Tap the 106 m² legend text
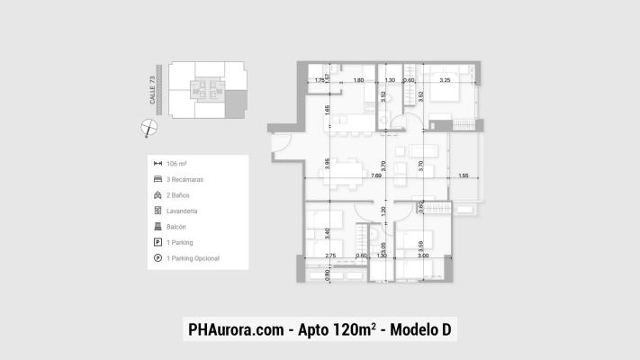pos(177,164)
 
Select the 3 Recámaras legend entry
pos(185,179)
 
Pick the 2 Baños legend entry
pos(178,195)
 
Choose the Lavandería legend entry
pos(182,211)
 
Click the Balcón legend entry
pos(176,227)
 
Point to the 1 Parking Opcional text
pos(194,258)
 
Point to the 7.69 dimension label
pos(374,177)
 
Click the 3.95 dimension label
pos(329,164)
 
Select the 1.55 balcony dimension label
pos(462,176)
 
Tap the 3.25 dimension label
pos(445,81)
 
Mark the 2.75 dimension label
pos(329,256)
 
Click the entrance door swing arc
pos(280,144)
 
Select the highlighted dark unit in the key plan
pos(234,103)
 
